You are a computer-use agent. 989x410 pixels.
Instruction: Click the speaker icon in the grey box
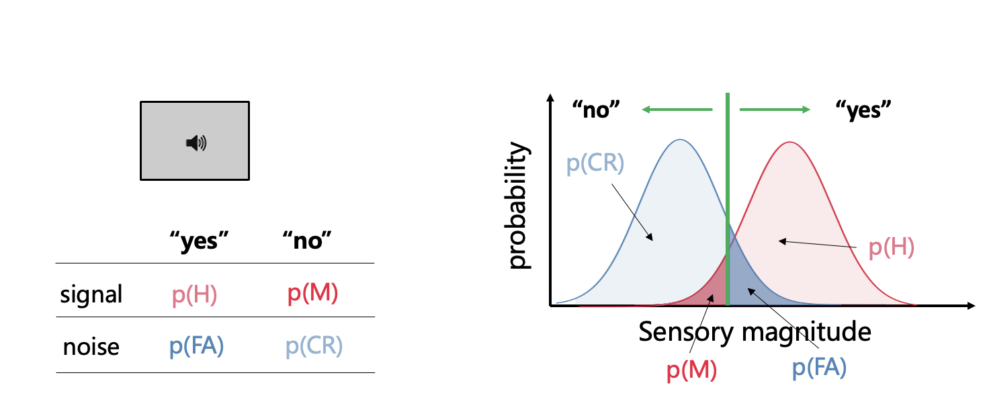[x=196, y=142]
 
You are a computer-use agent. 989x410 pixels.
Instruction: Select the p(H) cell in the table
[x=194, y=294]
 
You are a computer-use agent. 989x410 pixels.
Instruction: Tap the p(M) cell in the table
[x=312, y=294]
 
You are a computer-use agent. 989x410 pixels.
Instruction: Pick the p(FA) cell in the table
[x=196, y=346]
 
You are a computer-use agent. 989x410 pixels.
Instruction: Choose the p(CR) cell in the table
[x=314, y=346]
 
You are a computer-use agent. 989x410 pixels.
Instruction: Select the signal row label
[x=91, y=294]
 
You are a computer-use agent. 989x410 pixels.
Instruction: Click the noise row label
[x=91, y=347]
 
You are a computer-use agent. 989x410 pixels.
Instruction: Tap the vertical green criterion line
[x=727, y=202]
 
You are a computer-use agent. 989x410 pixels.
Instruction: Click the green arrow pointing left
[x=675, y=109]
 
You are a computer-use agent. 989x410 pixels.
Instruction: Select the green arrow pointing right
[x=775, y=109]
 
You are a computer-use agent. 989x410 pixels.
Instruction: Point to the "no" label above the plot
[x=595, y=110]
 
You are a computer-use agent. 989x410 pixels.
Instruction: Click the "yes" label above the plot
[x=863, y=110]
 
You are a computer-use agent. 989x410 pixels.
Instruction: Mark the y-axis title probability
[x=519, y=205]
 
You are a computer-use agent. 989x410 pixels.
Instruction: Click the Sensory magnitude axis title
[x=754, y=331]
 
